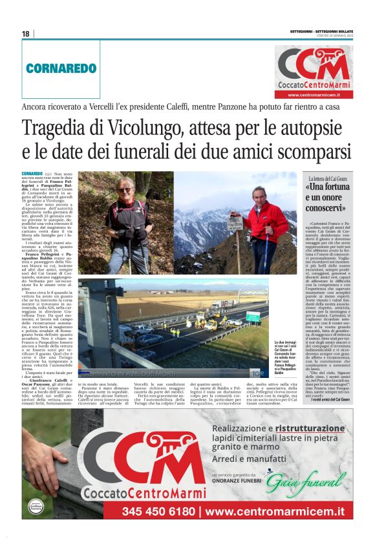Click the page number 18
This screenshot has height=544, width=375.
pyautogui.click(x=25, y=34)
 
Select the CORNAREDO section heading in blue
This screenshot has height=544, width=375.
pyautogui.click(x=61, y=68)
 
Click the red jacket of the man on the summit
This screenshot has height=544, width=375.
pyautogui.click(x=267, y=220)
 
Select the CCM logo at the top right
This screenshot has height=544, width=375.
pyautogui.click(x=315, y=63)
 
